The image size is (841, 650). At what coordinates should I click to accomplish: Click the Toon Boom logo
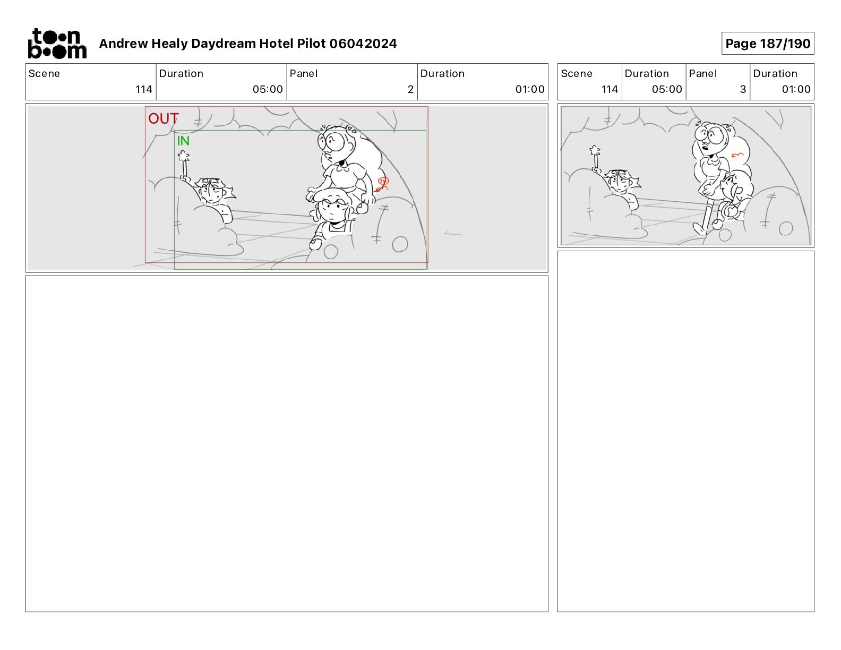click(57, 44)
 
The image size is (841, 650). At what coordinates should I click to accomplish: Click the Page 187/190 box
click(768, 44)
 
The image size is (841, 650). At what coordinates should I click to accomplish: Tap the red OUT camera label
click(164, 118)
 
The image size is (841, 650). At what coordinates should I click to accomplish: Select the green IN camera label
click(183, 141)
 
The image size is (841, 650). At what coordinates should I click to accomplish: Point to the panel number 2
click(410, 89)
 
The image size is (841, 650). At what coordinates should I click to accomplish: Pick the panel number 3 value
click(743, 89)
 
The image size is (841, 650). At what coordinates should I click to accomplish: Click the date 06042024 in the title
click(363, 44)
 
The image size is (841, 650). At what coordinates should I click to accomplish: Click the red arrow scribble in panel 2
click(382, 184)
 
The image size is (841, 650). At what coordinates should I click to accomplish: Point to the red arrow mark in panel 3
click(737, 155)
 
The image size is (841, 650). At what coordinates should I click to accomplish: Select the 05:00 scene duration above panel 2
click(268, 89)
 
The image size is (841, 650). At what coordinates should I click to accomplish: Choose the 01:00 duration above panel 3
click(796, 89)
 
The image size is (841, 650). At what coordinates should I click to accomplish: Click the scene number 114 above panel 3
click(610, 89)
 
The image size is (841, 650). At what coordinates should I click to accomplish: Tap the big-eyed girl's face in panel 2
click(336, 145)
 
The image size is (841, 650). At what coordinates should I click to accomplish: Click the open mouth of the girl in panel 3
click(705, 148)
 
